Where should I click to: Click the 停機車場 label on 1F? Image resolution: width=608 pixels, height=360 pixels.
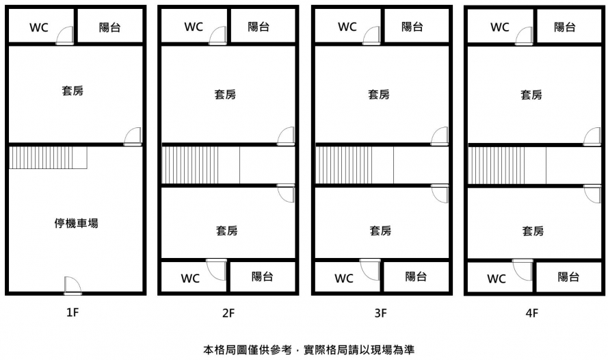(x=76, y=222)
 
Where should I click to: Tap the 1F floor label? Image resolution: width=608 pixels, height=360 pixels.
(x=74, y=313)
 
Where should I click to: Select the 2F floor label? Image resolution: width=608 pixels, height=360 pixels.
(x=228, y=313)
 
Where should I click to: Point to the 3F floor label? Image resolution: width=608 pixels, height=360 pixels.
(x=381, y=313)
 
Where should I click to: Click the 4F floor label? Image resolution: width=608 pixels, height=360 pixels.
(x=532, y=313)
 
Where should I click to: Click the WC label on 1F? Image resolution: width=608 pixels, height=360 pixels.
(x=38, y=27)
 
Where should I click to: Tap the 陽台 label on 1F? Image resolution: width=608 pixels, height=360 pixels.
(x=109, y=27)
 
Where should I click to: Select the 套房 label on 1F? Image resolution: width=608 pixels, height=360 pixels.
(x=72, y=90)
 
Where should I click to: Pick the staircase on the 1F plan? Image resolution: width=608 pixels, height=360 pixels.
(x=49, y=157)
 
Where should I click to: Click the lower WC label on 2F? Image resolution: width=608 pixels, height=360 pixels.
(x=190, y=278)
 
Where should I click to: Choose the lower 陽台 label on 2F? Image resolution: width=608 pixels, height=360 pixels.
(x=263, y=277)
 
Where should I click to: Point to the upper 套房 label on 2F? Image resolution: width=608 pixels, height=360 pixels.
(x=226, y=94)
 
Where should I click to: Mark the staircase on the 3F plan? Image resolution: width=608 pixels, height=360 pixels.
(x=344, y=165)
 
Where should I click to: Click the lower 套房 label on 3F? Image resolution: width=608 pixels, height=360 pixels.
(x=380, y=231)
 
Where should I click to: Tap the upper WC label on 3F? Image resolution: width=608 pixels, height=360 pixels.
(x=347, y=27)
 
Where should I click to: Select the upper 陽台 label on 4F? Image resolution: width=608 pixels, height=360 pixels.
(x=564, y=27)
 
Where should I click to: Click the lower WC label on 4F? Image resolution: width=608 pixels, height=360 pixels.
(x=497, y=279)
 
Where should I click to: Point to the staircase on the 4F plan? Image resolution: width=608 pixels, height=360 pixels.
(x=496, y=166)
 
